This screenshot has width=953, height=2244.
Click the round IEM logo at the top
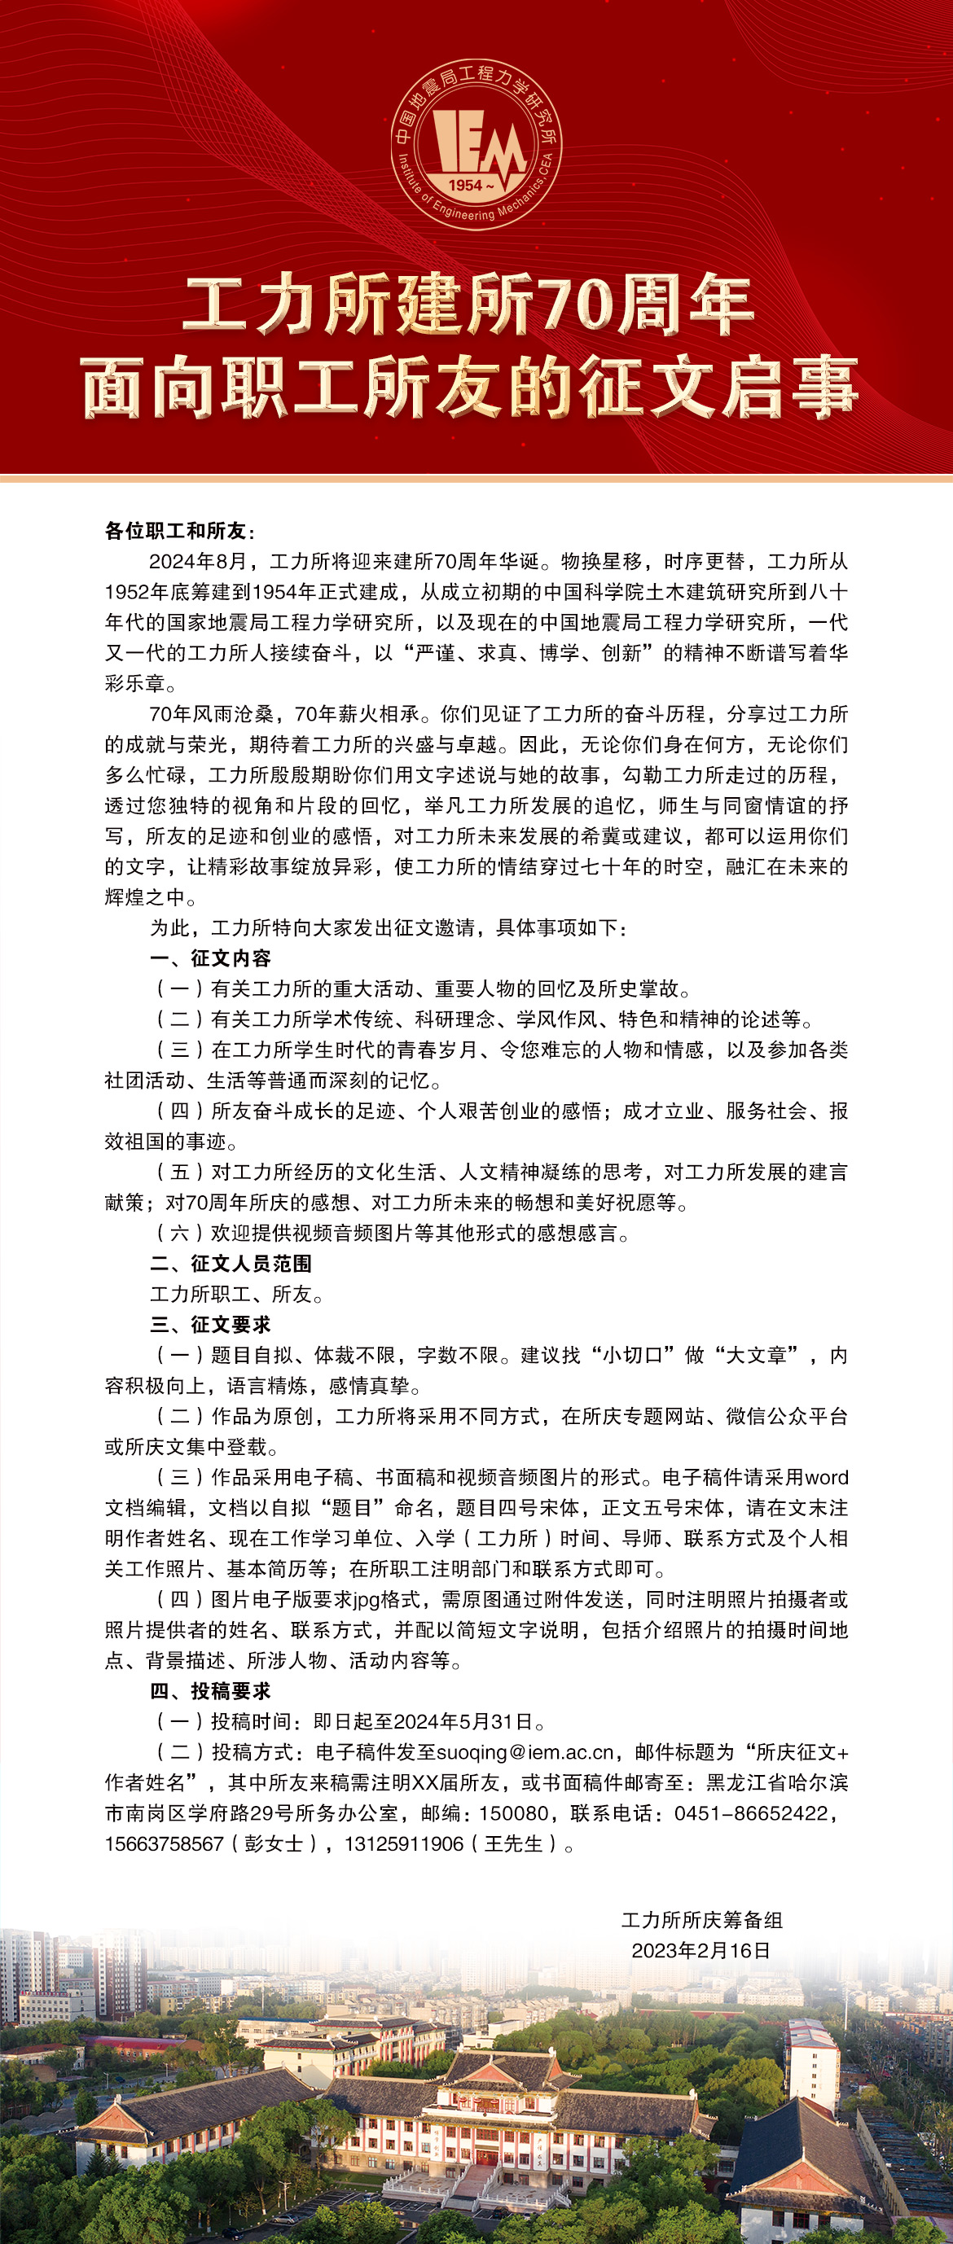click(x=476, y=145)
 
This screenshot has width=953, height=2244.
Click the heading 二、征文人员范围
click(x=230, y=1263)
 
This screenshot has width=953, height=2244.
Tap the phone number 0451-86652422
click(x=751, y=1812)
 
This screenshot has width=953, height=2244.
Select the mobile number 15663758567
click(x=165, y=1843)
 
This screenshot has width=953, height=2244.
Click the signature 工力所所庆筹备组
click(x=701, y=1920)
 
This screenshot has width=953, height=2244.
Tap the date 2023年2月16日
click(x=701, y=1950)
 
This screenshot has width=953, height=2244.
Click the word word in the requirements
click(x=826, y=1478)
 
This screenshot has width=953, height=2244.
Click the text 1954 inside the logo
click(x=466, y=185)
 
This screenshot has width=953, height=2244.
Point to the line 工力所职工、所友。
click(x=236, y=1294)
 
